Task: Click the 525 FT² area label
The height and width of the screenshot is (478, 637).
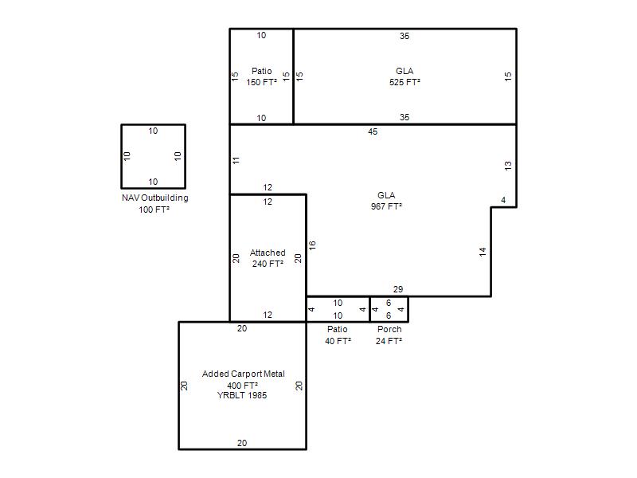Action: (x=404, y=82)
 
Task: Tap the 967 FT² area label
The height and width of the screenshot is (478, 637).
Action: (x=386, y=206)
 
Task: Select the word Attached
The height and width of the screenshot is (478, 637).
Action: (x=268, y=253)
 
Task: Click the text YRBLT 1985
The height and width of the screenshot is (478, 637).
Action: (x=242, y=395)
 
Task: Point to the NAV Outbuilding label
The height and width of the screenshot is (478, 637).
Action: (x=155, y=198)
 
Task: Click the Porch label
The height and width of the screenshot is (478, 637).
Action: (x=389, y=329)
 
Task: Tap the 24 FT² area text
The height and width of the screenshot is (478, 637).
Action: (x=389, y=341)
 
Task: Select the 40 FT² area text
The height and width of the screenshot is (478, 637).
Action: (x=338, y=341)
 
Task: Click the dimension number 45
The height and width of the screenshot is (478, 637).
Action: (x=373, y=131)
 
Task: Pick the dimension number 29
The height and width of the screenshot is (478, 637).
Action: (x=398, y=289)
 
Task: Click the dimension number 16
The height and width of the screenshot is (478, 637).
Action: (x=312, y=245)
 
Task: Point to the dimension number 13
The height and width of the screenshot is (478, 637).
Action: (x=508, y=166)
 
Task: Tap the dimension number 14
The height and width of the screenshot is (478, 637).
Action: (x=483, y=252)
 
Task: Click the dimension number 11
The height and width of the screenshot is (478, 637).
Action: (x=236, y=160)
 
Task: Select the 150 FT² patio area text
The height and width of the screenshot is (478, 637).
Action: (x=262, y=82)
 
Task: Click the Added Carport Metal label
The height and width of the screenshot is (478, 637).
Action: (x=244, y=374)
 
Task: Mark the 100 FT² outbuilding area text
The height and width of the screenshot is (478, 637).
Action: (x=154, y=210)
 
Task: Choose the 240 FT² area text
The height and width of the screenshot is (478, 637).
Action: (x=268, y=264)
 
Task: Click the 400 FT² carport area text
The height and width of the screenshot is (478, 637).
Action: (x=243, y=386)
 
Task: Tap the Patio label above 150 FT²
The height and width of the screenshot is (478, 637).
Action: (x=262, y=71)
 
